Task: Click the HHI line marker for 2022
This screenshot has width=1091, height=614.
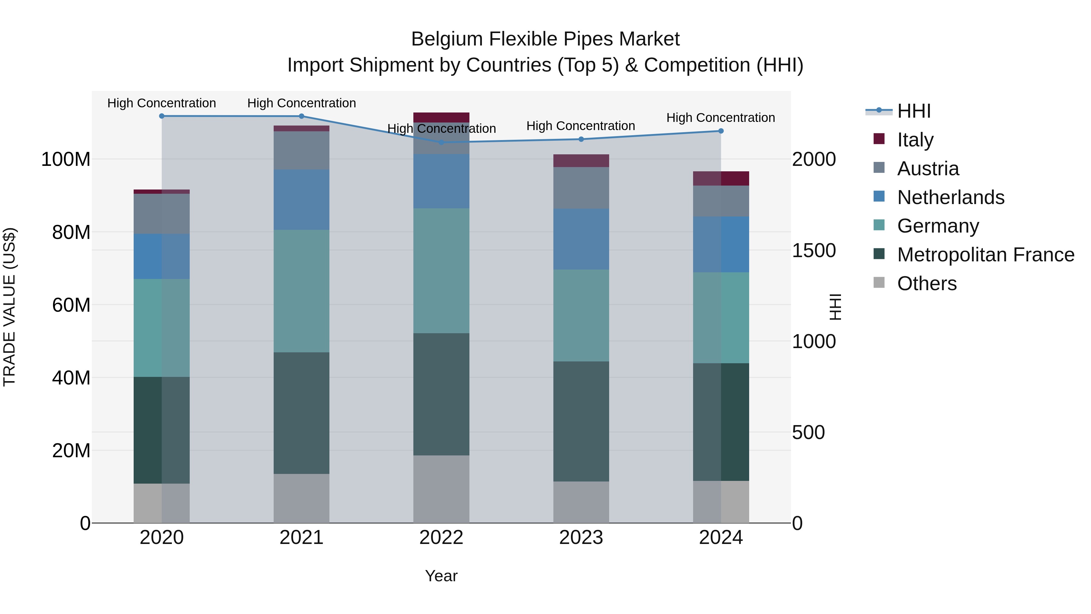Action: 441,143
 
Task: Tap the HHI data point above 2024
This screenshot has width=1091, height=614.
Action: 721,131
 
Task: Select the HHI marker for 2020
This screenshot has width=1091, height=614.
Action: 162,116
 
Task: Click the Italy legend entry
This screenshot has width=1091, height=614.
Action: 915,139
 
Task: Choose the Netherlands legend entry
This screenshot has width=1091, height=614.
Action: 950,197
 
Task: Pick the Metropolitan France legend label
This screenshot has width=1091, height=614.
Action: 986,255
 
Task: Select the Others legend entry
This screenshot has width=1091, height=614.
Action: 927,284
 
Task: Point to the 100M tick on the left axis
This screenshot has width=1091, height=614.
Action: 66,159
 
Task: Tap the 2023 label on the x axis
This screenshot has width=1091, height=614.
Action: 581,538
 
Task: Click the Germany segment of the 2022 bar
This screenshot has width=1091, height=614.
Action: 441,271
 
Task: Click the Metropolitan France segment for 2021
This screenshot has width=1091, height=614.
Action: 302,413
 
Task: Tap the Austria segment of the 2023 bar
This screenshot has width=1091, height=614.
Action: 581,188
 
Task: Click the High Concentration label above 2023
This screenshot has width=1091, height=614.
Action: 581,126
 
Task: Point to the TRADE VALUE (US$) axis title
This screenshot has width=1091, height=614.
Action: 9,307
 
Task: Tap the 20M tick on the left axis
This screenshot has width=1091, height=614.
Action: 71,451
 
